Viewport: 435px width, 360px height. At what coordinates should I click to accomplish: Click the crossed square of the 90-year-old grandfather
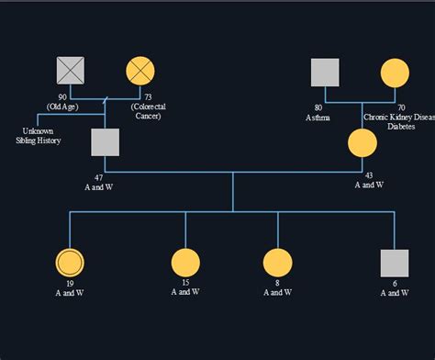coord(70,71)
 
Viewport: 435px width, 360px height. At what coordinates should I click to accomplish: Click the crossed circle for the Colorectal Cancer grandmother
coord(140,71)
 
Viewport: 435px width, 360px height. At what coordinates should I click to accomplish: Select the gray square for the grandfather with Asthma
coord(324,73)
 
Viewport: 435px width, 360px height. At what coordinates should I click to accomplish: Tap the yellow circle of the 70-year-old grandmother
coord(395,73)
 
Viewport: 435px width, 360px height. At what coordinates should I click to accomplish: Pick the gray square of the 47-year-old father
coord(106,142)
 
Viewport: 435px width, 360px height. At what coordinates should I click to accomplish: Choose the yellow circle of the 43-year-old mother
coord(362,142)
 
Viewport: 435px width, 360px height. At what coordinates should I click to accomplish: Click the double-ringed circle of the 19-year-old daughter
coord(70,263)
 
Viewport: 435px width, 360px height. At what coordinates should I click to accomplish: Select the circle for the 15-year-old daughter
coord(185,263)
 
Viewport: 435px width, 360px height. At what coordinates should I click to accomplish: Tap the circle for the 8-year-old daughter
coord(277,263)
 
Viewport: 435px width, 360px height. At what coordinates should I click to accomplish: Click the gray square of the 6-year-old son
coord(395,263)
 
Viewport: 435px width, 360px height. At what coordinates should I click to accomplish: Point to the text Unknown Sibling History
coord(38,136)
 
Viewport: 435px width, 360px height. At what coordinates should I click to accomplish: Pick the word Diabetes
coord(400,127)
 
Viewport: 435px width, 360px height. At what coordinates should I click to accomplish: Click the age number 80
coord(318,107)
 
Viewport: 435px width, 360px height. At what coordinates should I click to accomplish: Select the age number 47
coord(97,176)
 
